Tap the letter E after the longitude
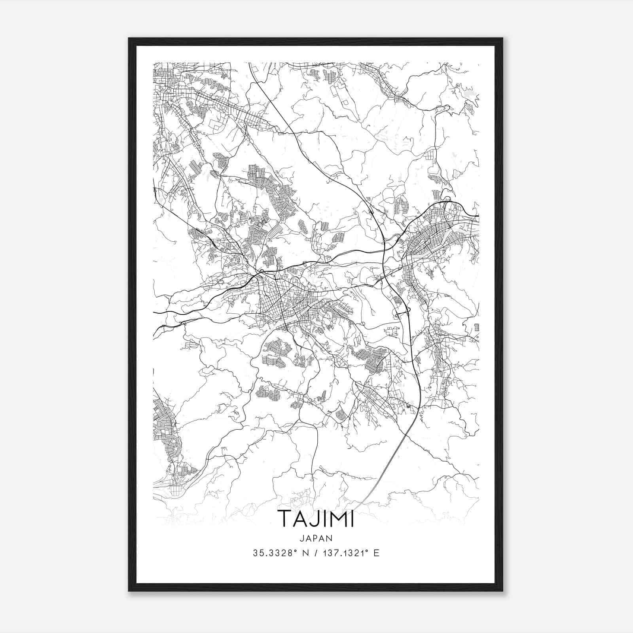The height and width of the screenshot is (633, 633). [x=376, y=553]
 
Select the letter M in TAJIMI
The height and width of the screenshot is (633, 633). [x=335, y=518]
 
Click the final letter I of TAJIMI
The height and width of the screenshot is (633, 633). [x=352, y=518]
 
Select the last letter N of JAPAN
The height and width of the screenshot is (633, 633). [x=330, y=538]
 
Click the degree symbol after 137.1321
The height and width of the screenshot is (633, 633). [x=366, y=551]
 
